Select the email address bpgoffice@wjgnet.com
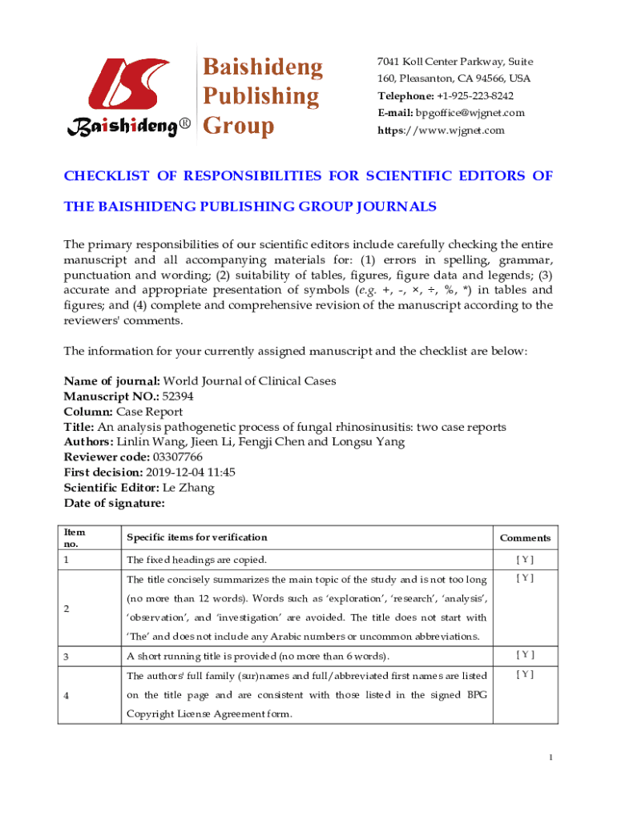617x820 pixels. (470, 113)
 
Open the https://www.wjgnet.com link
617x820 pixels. (441, 130)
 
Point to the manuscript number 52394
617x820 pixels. (177, 396)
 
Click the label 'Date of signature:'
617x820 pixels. (114, 503)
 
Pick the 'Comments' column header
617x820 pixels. (525, 538)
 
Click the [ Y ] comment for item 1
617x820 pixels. (525, 560)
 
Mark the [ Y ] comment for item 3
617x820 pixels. (525, 656)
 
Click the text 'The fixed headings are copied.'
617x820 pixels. (196, 560)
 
